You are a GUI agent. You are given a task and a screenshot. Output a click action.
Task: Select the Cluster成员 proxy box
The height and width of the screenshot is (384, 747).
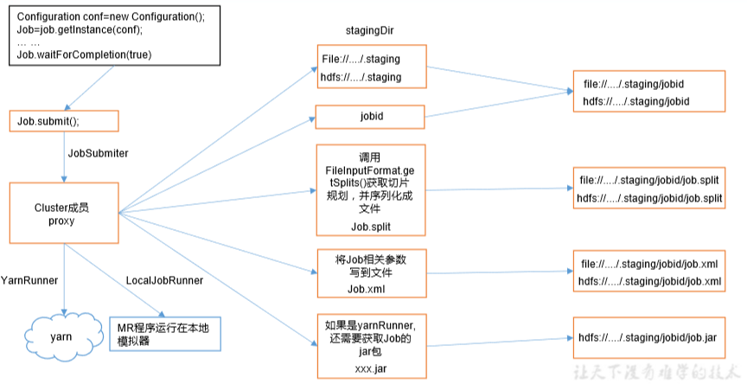63,213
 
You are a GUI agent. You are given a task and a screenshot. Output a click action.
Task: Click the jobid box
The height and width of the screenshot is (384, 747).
370,117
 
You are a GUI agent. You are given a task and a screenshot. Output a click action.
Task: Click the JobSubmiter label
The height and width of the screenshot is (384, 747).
98,152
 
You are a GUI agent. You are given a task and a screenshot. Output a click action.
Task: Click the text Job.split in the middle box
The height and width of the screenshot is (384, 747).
370,227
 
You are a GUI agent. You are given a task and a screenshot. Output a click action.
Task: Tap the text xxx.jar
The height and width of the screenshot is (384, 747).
370,368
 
